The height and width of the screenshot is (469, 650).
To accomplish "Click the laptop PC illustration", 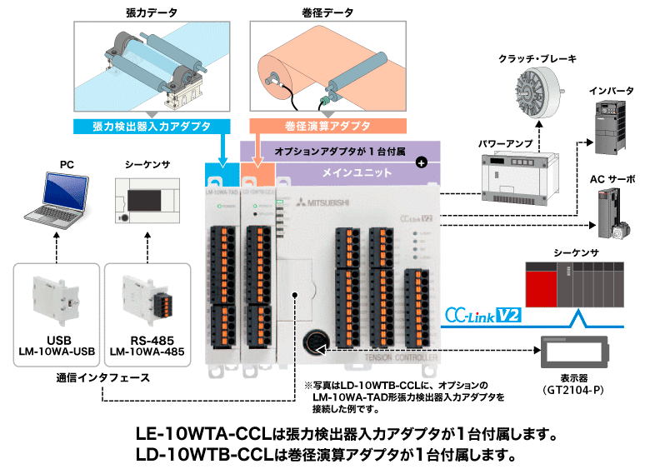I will (x=55, y=197).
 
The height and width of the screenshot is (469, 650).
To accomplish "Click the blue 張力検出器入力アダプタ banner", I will (x=150, y=126).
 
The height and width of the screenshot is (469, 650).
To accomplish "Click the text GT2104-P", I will (x=577, y=390).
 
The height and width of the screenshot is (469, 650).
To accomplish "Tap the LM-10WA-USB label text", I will (x=56, y=352).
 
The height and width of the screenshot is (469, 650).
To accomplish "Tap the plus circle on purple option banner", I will (x=422, y=162).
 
